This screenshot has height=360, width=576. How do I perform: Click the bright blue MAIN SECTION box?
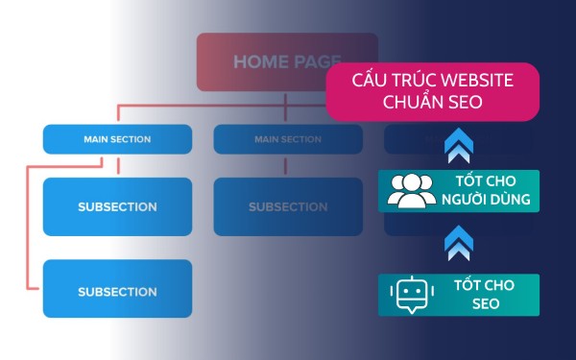pyautogui.click(x=117, y=139)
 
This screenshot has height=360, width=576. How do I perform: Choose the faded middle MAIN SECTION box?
pyautogui.click(x=287, y=139)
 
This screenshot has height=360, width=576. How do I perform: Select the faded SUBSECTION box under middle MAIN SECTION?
pyautogui.click(x=287, y=206)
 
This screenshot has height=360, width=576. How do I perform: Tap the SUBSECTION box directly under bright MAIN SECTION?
pyautogui.click(x=117, y=206)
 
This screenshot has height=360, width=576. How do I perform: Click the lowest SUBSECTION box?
pyautogui.click(x=117, y=291)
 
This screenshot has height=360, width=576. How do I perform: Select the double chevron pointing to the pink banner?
pyautogui.click(x=458, y=147)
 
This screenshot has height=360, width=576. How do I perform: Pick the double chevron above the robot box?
pyautogui.click(x=458, y=245)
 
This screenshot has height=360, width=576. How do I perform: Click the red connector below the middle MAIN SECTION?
pyautogui.click(x=287, y=165)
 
